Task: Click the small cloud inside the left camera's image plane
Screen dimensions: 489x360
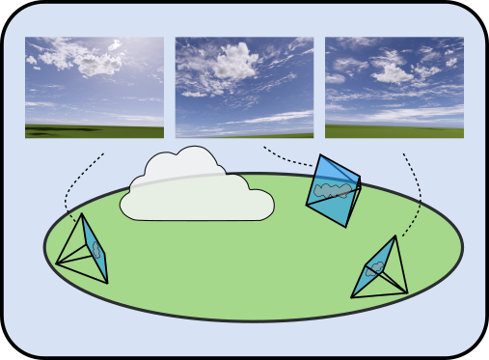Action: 95,248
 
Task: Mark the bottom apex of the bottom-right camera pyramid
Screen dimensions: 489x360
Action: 407,291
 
